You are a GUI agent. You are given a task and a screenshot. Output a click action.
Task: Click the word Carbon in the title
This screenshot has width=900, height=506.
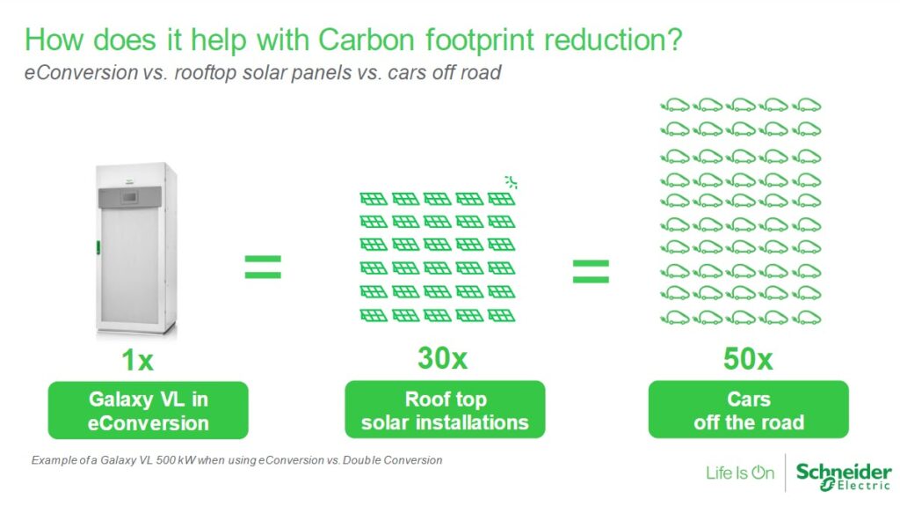pyautogui.click(x=367, y=40)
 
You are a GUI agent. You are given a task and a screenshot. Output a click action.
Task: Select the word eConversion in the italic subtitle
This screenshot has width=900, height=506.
pyautogui.click(x=81, y=72)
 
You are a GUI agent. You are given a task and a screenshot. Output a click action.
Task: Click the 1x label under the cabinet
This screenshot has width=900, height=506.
pyautogui.click(x=138, y=361)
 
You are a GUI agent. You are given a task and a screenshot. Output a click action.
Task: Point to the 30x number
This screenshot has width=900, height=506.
pyautogui.click(x=443, y=358)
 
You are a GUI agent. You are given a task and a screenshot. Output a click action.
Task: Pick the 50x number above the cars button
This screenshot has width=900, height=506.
pyautogui.click(x=748, y=359)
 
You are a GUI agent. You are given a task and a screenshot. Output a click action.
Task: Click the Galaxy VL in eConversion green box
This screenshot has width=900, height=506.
pyautogui.click(x=148, y=411)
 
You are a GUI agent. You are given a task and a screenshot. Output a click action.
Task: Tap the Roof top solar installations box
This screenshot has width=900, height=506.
pyautogui.click(x=445, y=409)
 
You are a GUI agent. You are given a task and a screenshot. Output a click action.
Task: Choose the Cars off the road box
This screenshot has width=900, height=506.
pyautogui.click(x=749, y=409)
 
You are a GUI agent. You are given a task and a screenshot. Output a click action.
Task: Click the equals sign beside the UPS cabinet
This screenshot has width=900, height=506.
pyautogui.click(x=263, y=267)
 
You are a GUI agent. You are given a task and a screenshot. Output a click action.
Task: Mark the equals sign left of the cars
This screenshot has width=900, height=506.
pyautogui.click(x=591, y=271)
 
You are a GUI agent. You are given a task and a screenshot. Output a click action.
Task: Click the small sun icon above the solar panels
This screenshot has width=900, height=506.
pyautogui.click(x=511, y=182)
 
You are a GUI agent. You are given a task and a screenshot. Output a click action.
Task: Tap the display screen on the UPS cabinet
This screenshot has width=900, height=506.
pyautogui.click(x=129, y=197)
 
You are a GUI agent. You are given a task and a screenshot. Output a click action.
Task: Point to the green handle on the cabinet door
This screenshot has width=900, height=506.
pyautogui.click(x=98, y=248)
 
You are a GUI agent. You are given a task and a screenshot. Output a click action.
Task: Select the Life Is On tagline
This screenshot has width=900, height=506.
pyautogui.click(x=740, y=473)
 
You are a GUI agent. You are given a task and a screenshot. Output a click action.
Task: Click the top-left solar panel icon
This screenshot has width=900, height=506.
pyautogui.click(x=374, y=199)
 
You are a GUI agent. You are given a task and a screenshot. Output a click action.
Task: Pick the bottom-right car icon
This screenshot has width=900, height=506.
pyautogui.click(x=807, y=318)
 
